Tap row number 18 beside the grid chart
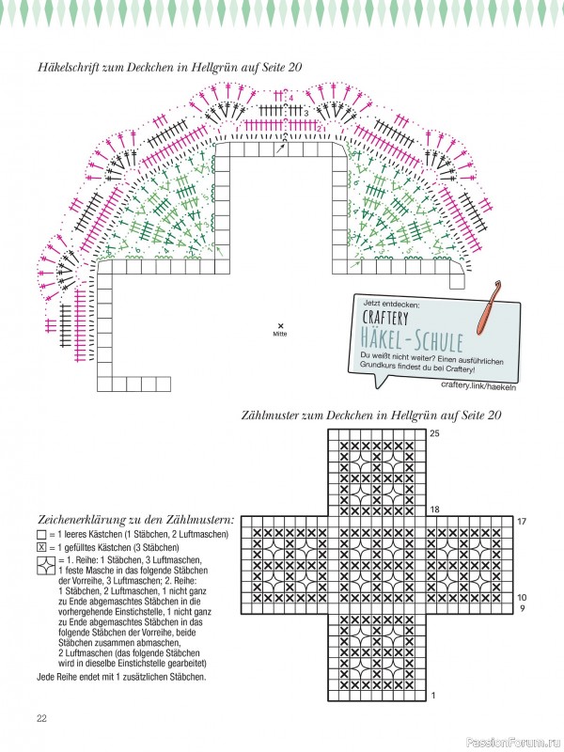point(434,509)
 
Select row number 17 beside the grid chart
point(522,521)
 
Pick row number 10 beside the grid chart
point(522,597)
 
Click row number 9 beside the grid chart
point(521,608)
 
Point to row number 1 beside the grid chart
point(433,696)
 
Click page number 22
point(42,718)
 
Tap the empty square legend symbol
point(40,535)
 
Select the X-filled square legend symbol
point(40,547)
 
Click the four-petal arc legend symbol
point(45,565)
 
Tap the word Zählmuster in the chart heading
point(276,414)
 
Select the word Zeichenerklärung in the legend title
point(86,519)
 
